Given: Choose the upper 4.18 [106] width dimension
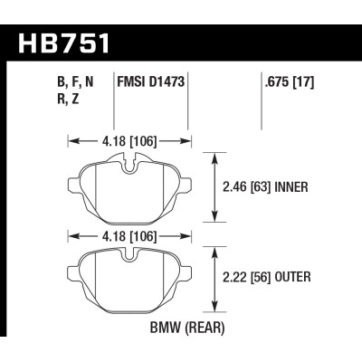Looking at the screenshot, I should [130, 140].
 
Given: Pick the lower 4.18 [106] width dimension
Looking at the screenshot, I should [130, 236].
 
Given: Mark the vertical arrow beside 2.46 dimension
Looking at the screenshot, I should [214, 188].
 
